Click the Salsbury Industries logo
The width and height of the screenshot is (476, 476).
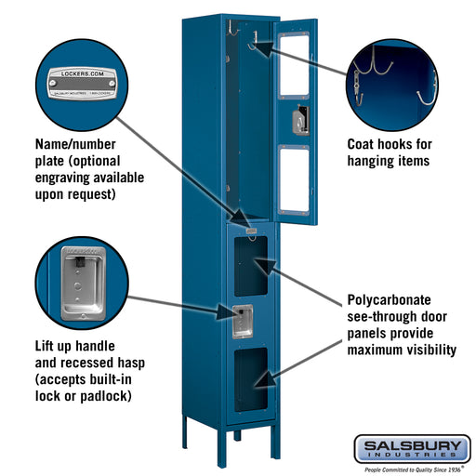click(x=412, y=449)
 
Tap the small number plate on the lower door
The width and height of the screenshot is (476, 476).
click(x=250, y=227)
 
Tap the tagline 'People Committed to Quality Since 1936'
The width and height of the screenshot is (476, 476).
click(x=412, y=468)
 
